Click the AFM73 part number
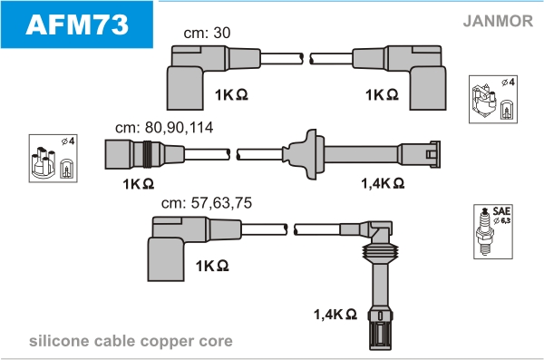click(x=77, y=24)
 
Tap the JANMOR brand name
click(x=498, y=21)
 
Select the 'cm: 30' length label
click(x=207, y=33)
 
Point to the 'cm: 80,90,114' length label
click(x=164, y=128)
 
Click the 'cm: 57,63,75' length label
click(x=207, y=203)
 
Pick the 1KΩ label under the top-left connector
click(x=231, y=94)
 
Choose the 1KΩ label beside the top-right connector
click(x=382, y=94)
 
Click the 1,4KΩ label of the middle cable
click(x=383, y=183)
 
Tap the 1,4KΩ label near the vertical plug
click(x=335, y=314)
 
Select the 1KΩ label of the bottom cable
click(x=212, y=266)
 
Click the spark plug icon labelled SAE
click(x=485, y=231)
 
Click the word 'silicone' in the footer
click(x=59, y=341)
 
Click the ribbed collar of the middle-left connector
click(x=148, y=154)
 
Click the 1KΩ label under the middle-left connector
click(x=138, y=184)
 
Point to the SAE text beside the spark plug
click(x=501, y=211)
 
